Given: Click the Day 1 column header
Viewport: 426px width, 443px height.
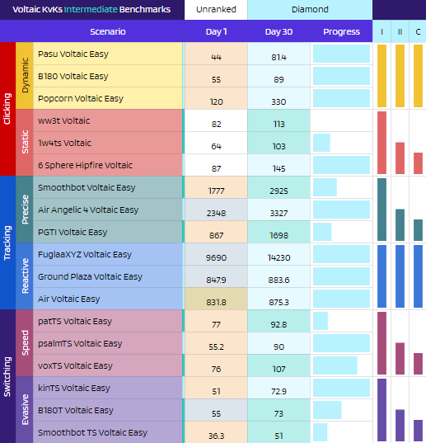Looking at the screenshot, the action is (x=216, y=31).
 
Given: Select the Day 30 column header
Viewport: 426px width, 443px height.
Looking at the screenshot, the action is (x=279, y=31).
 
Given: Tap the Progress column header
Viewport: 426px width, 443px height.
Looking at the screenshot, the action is (x=341, y=31).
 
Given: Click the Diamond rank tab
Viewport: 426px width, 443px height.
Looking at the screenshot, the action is (x=310, y=10).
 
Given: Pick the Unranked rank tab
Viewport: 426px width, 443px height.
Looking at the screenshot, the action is (x=216, y=10).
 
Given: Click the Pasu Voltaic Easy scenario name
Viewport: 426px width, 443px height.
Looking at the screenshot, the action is (x=73, y=54).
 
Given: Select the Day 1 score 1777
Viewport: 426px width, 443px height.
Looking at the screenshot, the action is (x=216, y=191).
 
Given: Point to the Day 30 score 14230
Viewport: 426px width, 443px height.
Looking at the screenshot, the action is (x=279, y=257).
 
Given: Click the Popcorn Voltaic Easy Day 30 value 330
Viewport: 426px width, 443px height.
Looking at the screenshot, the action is (x=279, y=101).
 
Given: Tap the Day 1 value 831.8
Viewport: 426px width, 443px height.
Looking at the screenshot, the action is (x=216, y=302).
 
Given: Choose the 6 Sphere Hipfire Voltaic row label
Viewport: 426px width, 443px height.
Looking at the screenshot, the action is (x=85, y=165).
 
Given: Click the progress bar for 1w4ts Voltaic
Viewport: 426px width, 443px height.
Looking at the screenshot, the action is (x=321, y=143).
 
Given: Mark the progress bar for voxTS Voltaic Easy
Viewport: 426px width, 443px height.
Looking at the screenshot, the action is (x=335, y=365).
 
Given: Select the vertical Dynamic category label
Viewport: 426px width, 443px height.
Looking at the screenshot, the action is (x=25, y=75).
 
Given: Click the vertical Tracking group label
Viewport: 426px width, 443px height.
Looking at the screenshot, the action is (x=7, y=243).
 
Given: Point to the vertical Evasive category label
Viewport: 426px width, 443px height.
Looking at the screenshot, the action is (x=25, y=409).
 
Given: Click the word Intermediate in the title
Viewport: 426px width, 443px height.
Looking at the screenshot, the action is (x=91, y=9).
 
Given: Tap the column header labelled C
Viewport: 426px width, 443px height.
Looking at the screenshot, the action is (x=418, y=31).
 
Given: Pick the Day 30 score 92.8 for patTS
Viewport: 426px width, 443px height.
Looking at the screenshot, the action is (x=279, y=324).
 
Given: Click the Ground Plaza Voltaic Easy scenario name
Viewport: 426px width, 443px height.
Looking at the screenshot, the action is (x=90, y=276).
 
